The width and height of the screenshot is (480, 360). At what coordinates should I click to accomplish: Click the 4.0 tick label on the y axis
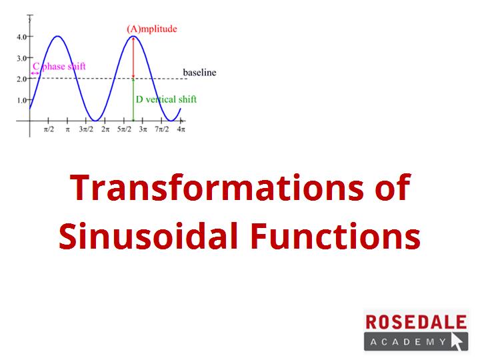pyautogui.click(x=21, y=37)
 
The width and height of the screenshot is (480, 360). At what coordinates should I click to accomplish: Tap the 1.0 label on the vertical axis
pyautogui.click(x=21, y=100)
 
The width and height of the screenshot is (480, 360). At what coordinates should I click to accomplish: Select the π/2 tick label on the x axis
pyautogui.click(x=49, y=129)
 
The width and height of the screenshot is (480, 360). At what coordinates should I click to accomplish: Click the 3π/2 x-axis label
pyautogui.click(x=86, y=129)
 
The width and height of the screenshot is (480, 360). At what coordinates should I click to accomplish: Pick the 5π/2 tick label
pyautogui.click(x=124, y=129)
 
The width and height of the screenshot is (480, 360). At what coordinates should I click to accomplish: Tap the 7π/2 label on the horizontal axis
pyautogui.click(x=161, y=129)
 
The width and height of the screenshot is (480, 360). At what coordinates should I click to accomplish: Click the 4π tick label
pyautogui.click(x=181, y=129)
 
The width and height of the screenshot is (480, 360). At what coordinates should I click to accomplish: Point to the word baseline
pyautogui.click(x=199, y=73)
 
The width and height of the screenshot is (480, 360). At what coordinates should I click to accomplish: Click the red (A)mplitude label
pyautogui.click(x=152, y=29)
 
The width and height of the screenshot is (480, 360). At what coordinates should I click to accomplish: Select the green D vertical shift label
pyautogui.click(x=166, y=99)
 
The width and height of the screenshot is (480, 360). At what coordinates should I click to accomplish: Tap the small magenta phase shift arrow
pyautogui.click(x=35, y=73)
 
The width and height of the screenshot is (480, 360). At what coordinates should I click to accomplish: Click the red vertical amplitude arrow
pyautogui.click(x=133, y=57)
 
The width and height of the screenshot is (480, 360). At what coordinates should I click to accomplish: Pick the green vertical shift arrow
pyautogui.click(x=133, y=100)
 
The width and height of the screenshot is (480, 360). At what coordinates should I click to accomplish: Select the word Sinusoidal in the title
pyautogui.click(x=149, y=236)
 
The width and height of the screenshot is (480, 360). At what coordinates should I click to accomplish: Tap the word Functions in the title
pyautogui.click(x=335, y=236)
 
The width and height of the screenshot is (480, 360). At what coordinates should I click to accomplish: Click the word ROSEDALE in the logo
pyautogui.click(x=416, y=322)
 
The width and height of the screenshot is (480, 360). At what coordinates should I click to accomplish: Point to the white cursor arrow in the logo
pyautogui.click(x=457, y=341)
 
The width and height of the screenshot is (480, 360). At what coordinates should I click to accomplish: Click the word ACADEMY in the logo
pyautogui.click(x=408, y=341)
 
